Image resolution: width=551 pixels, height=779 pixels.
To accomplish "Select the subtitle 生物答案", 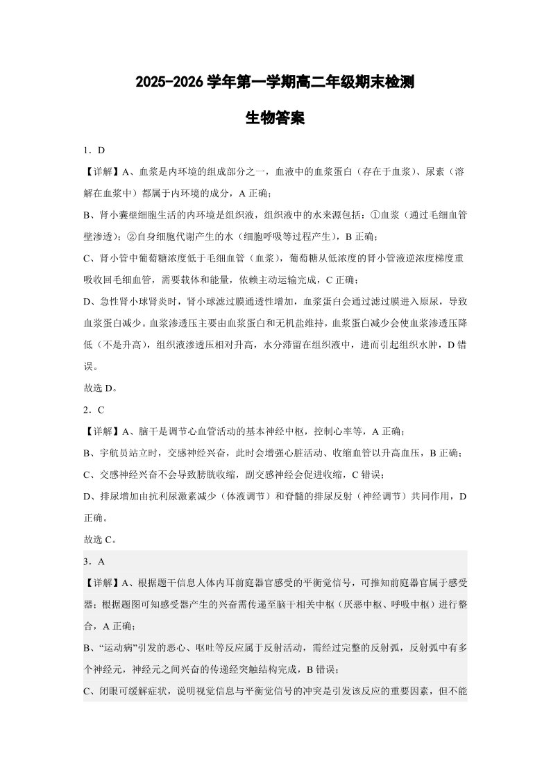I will (x=275, y=118).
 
